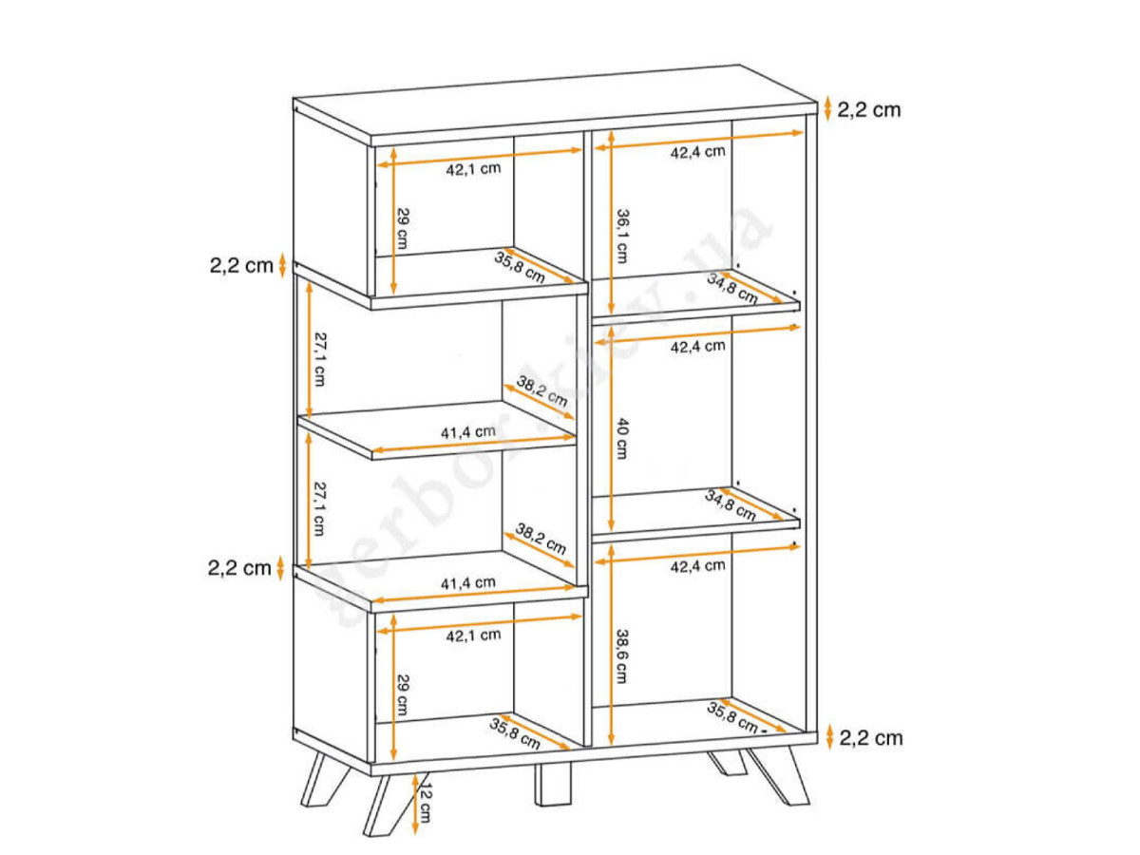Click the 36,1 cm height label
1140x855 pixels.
(621, 237)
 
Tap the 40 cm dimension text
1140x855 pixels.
(621, 439)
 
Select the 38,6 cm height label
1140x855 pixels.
(621, 656)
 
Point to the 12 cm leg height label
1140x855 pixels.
(425, 804)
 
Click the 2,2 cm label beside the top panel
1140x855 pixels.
(869, 110)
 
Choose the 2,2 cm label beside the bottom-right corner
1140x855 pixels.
(871, 738)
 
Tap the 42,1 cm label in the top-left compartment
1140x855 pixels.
(473, 169)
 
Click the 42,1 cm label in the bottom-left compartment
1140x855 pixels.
(473, 636)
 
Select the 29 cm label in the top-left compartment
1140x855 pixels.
(403, 228)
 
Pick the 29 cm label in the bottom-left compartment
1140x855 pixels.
(403, 694)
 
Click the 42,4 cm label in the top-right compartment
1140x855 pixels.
(697, 152)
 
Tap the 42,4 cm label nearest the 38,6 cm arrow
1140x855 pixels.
(697, 566)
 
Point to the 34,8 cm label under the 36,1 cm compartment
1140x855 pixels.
(732, 289)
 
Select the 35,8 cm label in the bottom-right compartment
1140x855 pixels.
(732, 717)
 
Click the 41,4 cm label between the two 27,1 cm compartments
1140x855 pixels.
(468, 432)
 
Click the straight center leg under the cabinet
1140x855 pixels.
(553, 784)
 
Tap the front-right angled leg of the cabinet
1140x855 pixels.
(777, 775)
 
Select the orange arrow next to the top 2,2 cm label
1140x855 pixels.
(827, 109)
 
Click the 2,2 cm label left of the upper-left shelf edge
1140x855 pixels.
(241, 266)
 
